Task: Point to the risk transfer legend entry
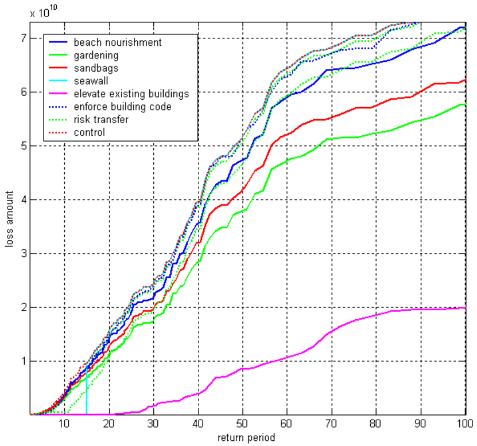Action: coord(102,119)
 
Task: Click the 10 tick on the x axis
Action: coord(64,424)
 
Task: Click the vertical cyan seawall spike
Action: coord(86,396)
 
